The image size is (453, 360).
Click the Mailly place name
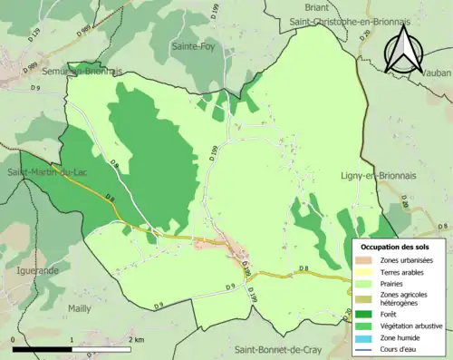click(x=79, y=308)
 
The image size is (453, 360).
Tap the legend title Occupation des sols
click(x=395, y=247)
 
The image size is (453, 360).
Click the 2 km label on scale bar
click(x=136, y=339)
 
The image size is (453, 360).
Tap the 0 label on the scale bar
click(x=14, y=339)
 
